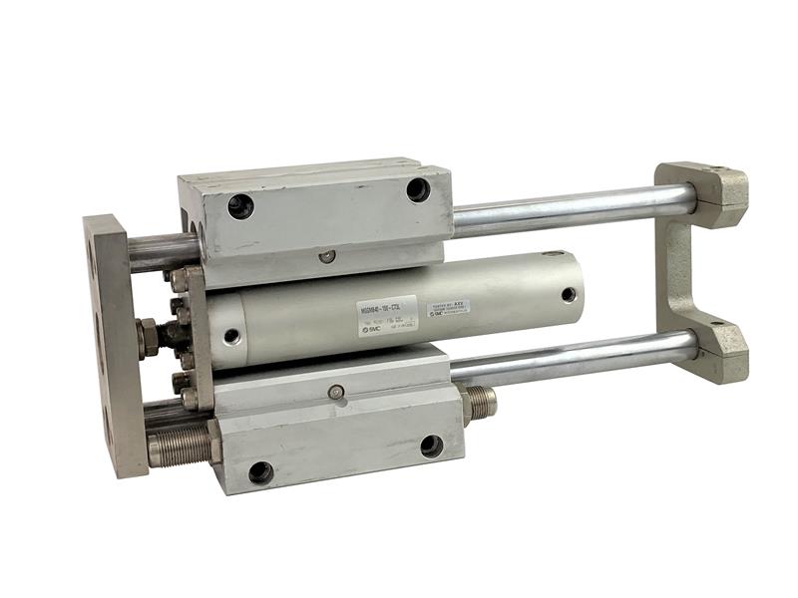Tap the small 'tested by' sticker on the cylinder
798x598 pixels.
[x=448, y=308]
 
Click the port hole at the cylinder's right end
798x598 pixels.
[x=568, y=294]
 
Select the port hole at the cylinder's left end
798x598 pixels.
[x=230, y=337]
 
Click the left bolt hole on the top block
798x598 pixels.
[x=240, y=206]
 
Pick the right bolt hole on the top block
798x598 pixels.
[x=418, y=189]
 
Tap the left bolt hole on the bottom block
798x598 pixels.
[x=260, y=472]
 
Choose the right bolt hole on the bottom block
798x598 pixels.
[x=431, y=446]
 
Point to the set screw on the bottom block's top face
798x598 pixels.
[x=337, y=393]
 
